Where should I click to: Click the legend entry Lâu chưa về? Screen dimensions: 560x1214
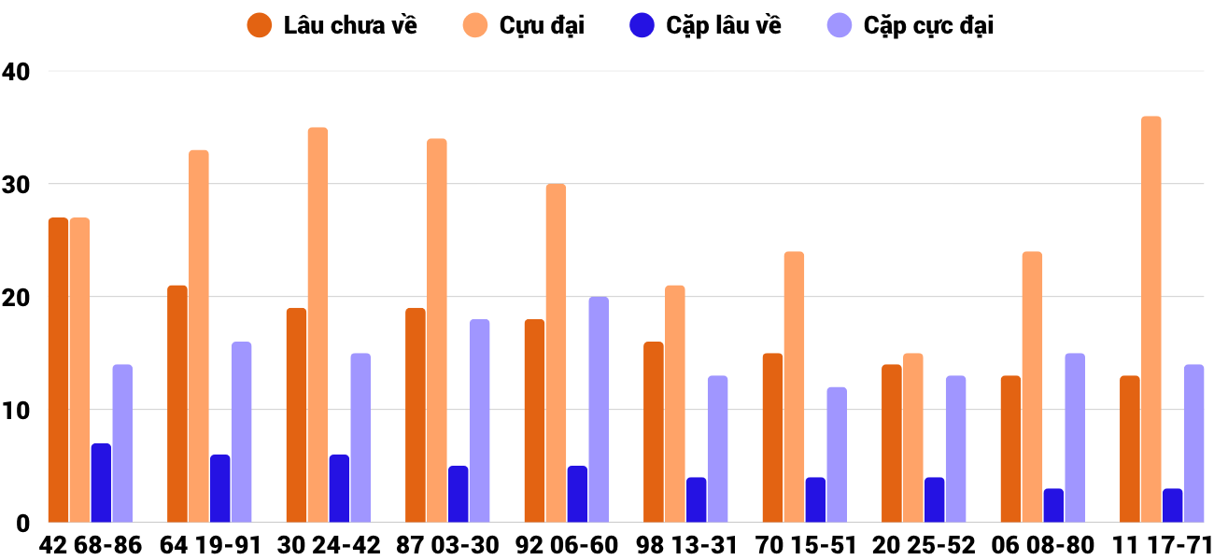coord(332,25)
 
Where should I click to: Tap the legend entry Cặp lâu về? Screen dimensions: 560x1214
coord(706,25)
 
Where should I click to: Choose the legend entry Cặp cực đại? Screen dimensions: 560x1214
coord(910,25)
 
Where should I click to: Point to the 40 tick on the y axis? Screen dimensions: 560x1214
coord(16,71)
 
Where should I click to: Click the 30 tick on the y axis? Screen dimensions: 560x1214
coord(16,184)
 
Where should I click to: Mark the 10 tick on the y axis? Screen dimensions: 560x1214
coord(16,410)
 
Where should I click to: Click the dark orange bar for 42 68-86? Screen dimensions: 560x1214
coord(58,371)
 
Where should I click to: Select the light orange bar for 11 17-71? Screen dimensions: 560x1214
coord(1150,319)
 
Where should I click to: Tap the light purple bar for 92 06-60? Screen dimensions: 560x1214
coord(599,410)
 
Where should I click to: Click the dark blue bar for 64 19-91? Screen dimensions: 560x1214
coord(219,488)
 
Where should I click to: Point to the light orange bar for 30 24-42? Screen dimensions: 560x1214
coord(318,325)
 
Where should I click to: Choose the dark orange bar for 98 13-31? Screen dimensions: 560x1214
coord(653,432)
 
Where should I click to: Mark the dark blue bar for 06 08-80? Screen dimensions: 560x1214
coord(1053,505)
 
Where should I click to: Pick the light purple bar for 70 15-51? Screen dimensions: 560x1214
coord(837,455)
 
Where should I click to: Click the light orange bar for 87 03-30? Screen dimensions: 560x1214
coord(436,330)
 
